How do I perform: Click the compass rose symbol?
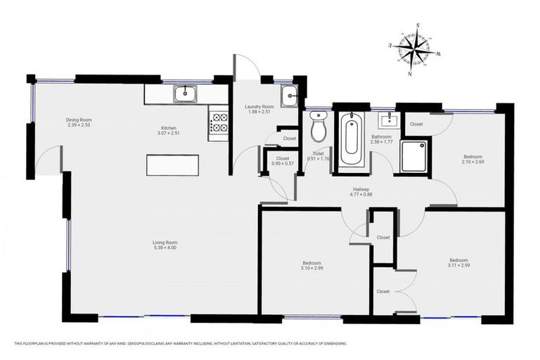click(414, 49)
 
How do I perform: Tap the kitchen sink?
click(186, 93)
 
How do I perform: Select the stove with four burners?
click(219, 123)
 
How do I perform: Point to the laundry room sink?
click(288, 96)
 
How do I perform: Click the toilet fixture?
click(318, 127)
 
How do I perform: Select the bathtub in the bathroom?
click(351, 140)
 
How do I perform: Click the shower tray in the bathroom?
click(414, 156)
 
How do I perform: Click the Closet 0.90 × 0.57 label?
click(283, 162)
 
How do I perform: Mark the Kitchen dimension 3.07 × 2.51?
click(168, 133)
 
